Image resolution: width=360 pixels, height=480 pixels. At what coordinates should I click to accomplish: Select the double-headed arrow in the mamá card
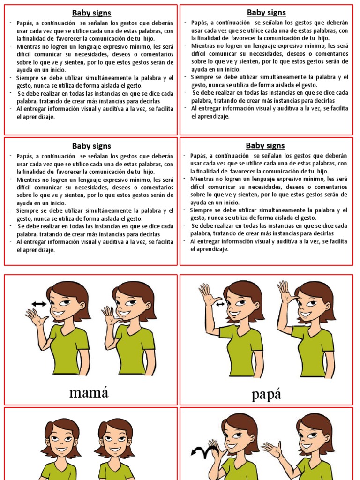(x=39, y=304)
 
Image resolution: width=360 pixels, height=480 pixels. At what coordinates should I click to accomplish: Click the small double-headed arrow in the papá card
(x=220, y=305)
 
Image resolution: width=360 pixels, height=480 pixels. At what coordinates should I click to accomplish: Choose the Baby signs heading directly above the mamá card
(x=91, y=145)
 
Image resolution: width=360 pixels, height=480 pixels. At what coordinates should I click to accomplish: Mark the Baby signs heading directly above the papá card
(x=265, y=145)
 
